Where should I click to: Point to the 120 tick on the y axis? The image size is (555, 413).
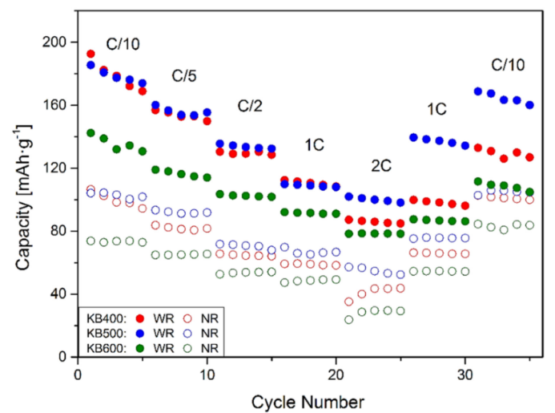[x=56, y=168]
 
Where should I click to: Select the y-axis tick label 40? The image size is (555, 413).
[x=60, y=294]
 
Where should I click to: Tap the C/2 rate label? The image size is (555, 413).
[x=251, y=106]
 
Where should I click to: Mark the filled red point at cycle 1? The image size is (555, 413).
[x=90, y=55]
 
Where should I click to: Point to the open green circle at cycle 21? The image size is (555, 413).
[x=349, y=319]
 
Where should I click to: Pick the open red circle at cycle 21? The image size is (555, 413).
[x=349, y=302]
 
